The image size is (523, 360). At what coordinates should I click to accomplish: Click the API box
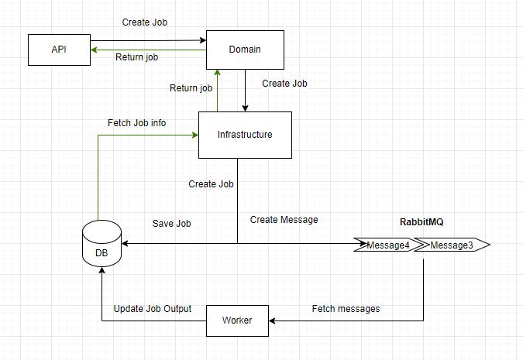click(x=59, y=50)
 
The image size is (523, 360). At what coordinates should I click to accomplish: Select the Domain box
click(x=245, y=50)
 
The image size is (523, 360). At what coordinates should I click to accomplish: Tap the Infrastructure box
click(x=245, y=135)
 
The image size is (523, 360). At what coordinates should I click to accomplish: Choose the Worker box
click(x=236, y=321)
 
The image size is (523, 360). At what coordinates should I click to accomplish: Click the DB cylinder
click(x=102, y=245)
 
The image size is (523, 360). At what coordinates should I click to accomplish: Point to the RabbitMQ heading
click(x=421, y=221)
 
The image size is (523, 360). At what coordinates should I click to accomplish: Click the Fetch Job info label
click(x=136, y=123)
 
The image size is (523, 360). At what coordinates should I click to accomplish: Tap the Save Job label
click(x=172, y=224)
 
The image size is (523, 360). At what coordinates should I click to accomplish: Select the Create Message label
click(x=284, y=220)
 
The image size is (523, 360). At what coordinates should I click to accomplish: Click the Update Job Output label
click(x=153, y=309)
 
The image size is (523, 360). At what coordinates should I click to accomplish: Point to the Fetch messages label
click(x=346, y=309)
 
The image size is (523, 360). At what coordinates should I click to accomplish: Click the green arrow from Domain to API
click(x=147, y=50)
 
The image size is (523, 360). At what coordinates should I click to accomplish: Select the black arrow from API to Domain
click(x=147, y=41)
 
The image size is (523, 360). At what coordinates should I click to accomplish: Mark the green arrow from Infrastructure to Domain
click(x=218, y=90)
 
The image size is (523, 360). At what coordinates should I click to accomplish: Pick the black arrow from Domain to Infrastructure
click(x=246, y=90)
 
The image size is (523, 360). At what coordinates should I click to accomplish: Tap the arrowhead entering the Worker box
click(x=272, y=321)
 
